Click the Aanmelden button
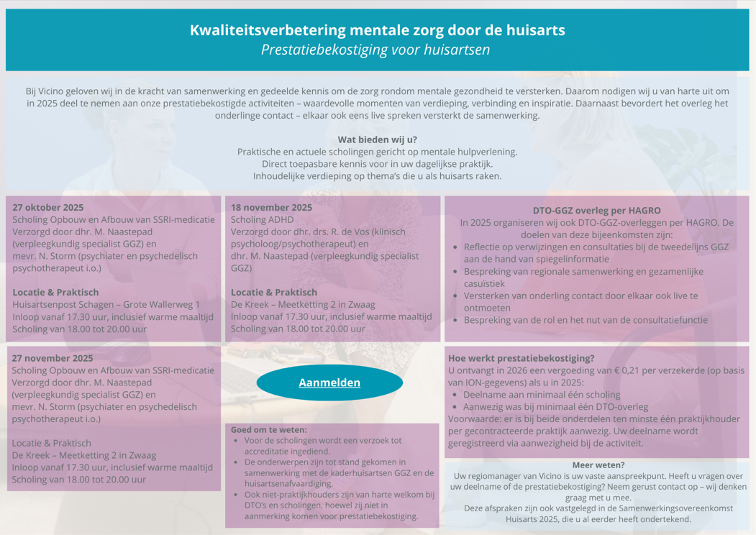pos(329,383)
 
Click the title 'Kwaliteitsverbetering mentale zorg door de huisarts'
pos(377,30)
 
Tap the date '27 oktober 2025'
pos(47,207)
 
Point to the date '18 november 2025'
pos(271,207)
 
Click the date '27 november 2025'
pos(52,357)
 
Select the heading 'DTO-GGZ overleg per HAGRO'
pos(596,211)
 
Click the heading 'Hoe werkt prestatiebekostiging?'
pos(521,358)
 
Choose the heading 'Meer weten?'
pos(598,465)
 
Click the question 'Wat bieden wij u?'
pos(377,140)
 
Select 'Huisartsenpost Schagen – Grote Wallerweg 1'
pos(106,305)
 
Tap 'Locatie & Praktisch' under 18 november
pos(273,293)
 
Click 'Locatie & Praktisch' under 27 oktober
pos(55,293)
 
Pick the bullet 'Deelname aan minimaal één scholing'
pos(542,395)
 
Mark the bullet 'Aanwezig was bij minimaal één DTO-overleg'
pos(555,407)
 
